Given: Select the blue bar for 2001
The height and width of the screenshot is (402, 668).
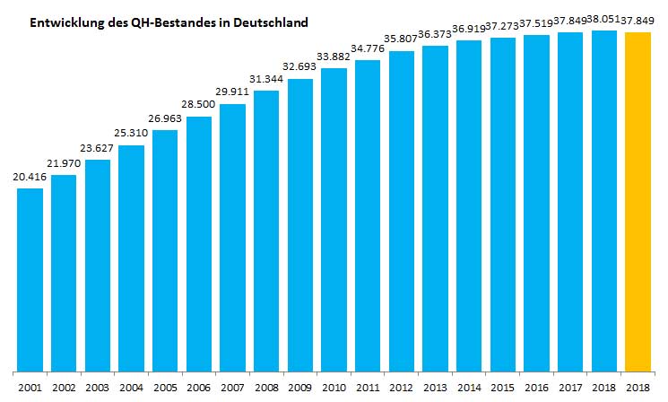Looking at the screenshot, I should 30,278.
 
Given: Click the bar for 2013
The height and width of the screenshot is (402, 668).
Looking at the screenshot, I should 435,207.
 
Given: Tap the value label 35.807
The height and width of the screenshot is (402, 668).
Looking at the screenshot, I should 402,42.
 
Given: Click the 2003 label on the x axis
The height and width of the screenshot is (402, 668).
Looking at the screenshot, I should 98,387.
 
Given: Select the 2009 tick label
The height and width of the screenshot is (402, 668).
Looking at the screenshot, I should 300,387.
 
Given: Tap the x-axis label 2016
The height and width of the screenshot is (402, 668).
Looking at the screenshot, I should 536,387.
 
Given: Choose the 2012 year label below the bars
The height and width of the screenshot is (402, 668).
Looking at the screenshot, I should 402,387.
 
